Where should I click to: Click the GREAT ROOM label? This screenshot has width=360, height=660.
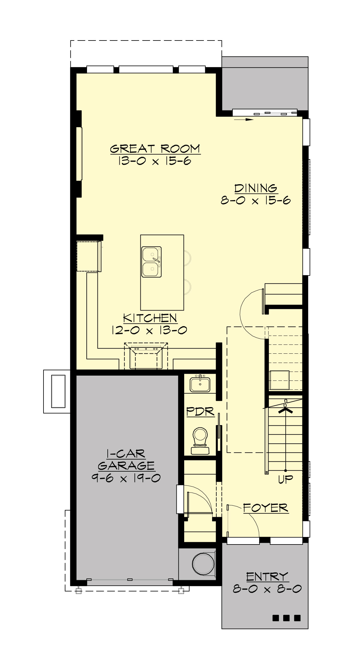[x=155, y=149]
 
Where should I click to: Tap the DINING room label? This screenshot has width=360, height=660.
[x=256, y=188]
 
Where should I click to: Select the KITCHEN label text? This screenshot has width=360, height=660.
[x=150, y=318]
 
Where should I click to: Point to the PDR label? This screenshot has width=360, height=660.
[x=201, y=412]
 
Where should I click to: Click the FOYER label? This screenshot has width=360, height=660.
[x=265, y=508]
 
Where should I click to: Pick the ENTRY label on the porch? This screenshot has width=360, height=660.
[x=267, y=577]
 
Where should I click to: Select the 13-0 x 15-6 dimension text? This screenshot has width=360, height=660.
[x=155, y=161]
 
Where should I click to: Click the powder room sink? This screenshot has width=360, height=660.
[x=200, y=384]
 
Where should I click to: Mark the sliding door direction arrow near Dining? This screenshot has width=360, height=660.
[x=244, y=119]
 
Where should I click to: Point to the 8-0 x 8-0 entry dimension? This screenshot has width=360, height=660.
[x=267, y=589]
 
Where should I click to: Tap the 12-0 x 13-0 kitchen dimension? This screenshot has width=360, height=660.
[x=149, y=330]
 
